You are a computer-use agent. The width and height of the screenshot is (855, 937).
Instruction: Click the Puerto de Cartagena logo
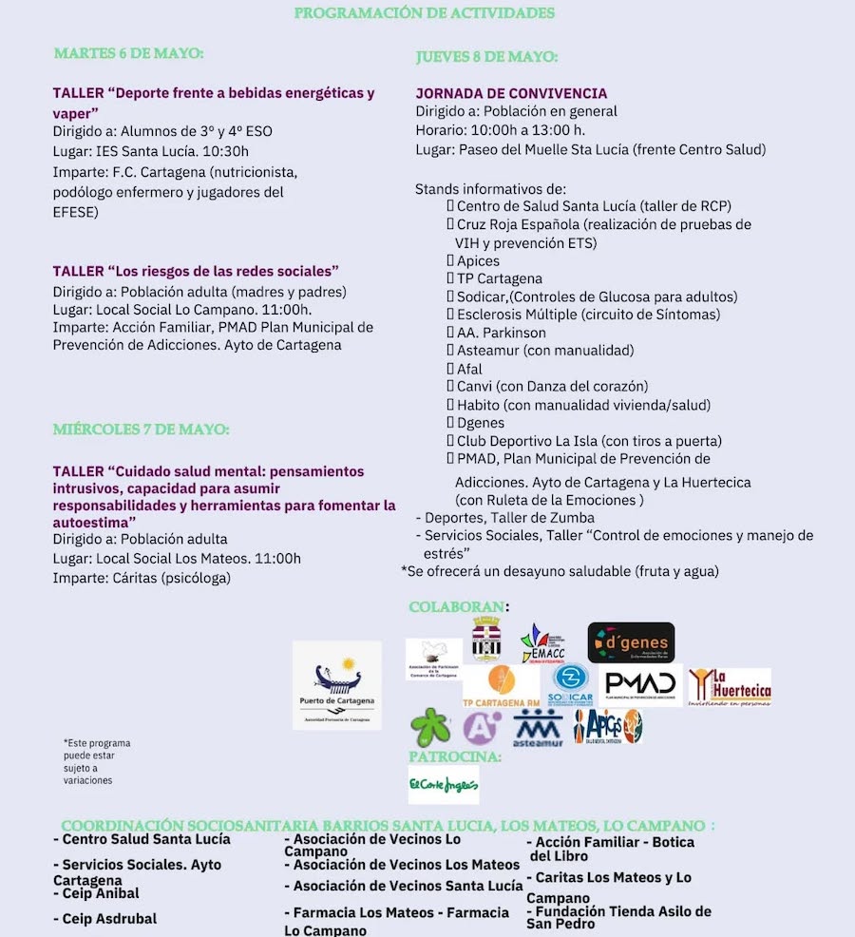pyautogui.click(x=337, y=685)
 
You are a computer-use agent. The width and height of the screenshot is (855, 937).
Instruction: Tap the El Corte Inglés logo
pyautogui.click(x=444, y=785)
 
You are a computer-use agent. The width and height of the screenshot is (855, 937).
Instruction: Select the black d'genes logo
pyautogui.click(x=631, y=642)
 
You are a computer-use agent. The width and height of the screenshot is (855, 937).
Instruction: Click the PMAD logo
pyautogui.click(x=641, y=684)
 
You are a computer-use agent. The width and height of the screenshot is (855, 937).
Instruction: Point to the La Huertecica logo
pyautogui.click(x=730, y=686)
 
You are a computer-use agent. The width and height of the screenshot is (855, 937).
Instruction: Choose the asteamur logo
pyautogui.click(x=538, y=728)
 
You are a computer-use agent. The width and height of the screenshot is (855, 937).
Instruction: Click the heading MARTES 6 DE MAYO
pyautogui.click(x=129, y=53)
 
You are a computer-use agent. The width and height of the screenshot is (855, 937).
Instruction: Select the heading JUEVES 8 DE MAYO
pyautogui.click(x=486, y=57)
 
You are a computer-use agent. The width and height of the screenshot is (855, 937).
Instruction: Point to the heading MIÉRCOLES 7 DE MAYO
pyautogui.click(x=141, y=430)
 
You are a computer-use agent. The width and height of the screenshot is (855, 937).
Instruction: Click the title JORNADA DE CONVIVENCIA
pyautogui.click(x=511, y=93)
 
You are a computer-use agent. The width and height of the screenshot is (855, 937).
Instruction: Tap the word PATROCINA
pyautogui.click(x=454, y=756)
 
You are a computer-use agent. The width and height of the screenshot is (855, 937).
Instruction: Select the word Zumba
pyautogui.click(x=574, y=518)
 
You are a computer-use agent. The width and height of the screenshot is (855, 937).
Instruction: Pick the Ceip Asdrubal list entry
pyautogui.click(x=105, y=919)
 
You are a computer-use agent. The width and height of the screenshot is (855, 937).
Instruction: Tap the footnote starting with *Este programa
pyautogui.click(x=97, y=761)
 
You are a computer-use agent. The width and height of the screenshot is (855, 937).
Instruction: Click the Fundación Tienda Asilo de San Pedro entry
pyautogui.click(x=618, y=917)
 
